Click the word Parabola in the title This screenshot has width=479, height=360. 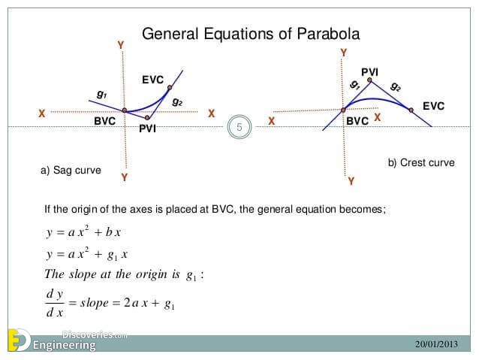tap(328, 34)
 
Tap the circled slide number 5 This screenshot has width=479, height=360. tap(239, 127)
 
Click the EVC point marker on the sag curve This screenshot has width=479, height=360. tap(170, 88)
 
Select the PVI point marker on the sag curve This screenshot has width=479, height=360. tap(147, 118)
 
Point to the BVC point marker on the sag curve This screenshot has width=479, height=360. tap(125, 110)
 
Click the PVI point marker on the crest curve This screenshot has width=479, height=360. tap(369, 80)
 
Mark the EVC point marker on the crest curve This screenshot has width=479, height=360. tap(411, 110)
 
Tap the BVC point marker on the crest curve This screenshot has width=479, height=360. tap(343, 110)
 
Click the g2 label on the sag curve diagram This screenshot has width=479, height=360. tap(177, 101)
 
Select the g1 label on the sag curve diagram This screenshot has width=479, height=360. tap(101, 94)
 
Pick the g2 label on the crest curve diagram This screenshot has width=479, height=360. tap(396, 87)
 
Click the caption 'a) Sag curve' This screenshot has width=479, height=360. tap(71, 170)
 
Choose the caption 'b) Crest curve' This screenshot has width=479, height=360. tap(421, 163)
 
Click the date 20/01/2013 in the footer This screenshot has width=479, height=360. tap(436, 344)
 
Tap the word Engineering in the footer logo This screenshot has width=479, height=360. tap(64, 345)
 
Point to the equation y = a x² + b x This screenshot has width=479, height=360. tap(83, 231)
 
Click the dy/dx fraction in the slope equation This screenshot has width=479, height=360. tap(55, 303)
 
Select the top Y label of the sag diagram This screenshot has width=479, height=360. tap(121, 45)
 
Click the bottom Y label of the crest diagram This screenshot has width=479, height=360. tap(351, 181)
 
